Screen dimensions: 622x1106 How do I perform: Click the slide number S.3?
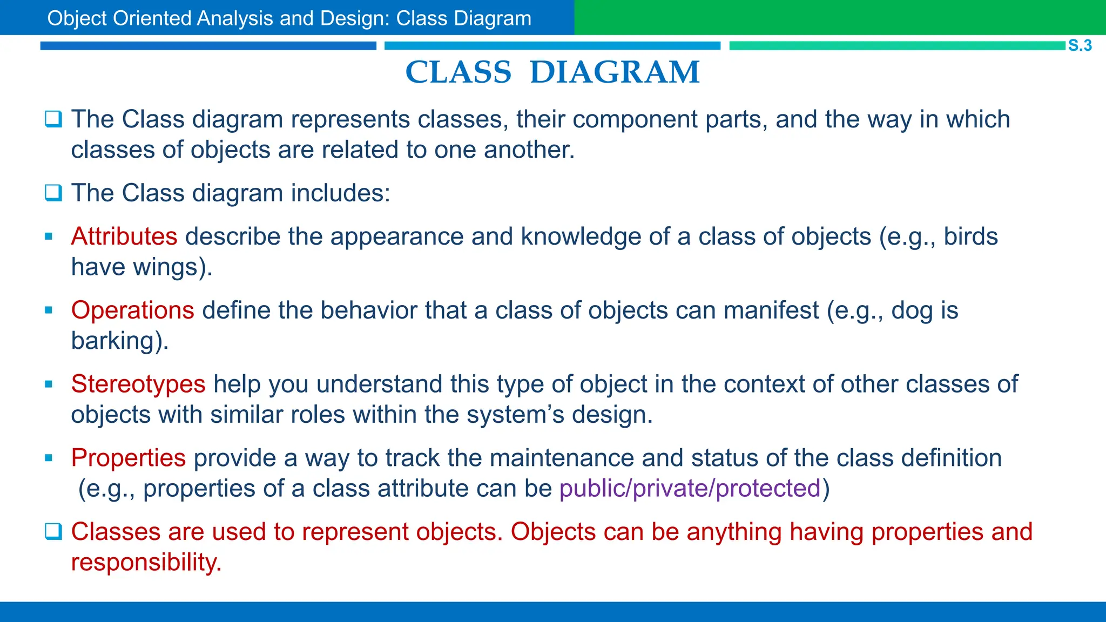(x=1080, y=45)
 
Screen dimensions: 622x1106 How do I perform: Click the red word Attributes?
(x=124, y=236)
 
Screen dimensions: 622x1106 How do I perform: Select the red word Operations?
(x=132, y=310)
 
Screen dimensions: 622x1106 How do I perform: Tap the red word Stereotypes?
(x=138, y=384)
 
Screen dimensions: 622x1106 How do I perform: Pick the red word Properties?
(x=129, y=458)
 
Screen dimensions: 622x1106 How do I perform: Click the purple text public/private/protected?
(x=690, y=489)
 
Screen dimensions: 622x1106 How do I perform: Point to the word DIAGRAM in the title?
(x=615, y=72)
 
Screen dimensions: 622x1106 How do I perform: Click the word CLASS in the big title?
(x=458, y=72)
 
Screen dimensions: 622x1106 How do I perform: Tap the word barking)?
(x=120, y=341)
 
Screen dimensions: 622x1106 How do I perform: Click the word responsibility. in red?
(x=146, y=563)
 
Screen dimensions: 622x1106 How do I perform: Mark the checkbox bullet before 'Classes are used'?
(x=53, y=532)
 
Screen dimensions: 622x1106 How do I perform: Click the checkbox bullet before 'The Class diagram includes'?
(x=53, y=193)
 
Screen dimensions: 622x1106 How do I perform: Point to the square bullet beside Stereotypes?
(x=49, y=384)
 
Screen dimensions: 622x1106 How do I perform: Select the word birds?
(x=970, y=236)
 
